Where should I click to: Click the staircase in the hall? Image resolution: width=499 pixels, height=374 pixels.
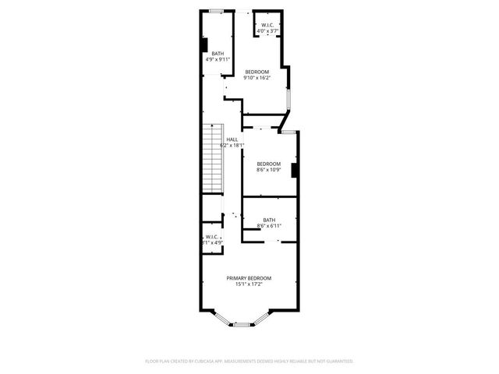pos(213,160)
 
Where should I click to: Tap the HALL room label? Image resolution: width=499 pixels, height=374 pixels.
pos(232,139)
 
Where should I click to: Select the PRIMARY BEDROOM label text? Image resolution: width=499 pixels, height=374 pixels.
pos(249,278)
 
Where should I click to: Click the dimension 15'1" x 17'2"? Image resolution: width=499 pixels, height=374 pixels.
pos(249,284)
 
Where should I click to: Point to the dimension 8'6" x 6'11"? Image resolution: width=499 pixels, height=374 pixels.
pos(269,226)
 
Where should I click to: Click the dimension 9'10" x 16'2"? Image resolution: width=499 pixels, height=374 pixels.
pos(257,77)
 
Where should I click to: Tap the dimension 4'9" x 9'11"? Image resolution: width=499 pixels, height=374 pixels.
pos(218,59)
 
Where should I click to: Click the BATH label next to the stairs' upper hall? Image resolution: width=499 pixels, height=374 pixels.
pos(217,53)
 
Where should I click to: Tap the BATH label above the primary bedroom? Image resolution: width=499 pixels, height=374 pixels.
pos(269,220)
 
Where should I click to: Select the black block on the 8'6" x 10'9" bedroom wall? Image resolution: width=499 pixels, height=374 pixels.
pos(294,170)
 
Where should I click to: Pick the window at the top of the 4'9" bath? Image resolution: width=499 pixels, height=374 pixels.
pos(216,10)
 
